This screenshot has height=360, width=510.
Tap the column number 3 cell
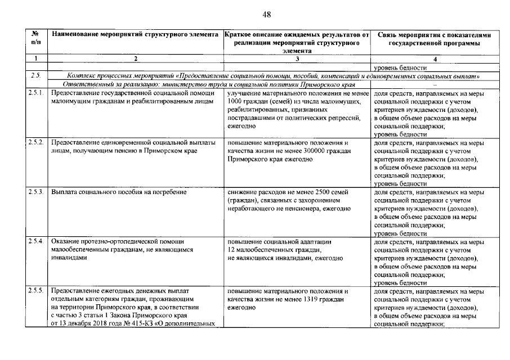click(297, 59)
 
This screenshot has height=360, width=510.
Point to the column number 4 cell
click(435, 59)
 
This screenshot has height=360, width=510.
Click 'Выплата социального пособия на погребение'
click(119, 192)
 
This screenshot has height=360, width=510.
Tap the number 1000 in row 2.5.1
click(236, 101)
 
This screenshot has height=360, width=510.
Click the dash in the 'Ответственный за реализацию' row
click(435, 83)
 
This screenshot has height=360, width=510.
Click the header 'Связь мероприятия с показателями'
click(435, 35)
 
